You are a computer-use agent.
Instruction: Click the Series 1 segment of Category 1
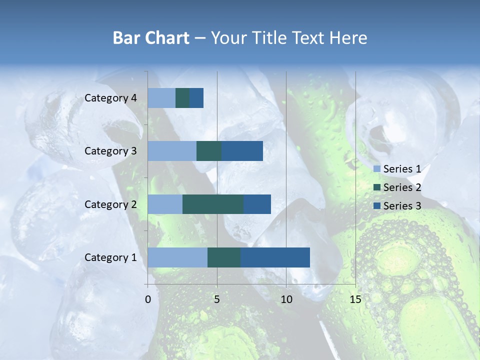pos(177,257)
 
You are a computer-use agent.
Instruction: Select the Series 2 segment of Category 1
pos(224,257)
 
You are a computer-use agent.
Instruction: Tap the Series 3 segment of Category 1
pos(275,257)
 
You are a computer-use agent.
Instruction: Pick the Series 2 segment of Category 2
pos(213,204)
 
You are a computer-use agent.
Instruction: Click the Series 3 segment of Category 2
pos(257,204)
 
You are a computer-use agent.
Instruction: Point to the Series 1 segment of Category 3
pos(172,151)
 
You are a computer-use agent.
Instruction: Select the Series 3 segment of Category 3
pos(242,151)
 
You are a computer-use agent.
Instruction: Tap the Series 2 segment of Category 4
pos(182,98)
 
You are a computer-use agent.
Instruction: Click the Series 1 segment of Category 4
pos(161,98)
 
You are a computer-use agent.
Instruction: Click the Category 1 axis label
pos(110,257)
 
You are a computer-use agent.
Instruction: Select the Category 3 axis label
pos(110,151)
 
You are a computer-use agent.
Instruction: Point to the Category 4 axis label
pos(110,98)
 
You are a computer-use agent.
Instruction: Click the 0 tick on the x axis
pos(148,299)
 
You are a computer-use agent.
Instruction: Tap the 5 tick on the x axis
pos(217,299)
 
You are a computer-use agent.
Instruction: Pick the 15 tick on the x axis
pos(355,299)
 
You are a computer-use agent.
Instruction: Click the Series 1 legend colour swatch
pos(376,169)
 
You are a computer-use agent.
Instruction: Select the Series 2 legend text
pos(402,187)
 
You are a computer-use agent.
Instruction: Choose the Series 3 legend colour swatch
pos(376,205)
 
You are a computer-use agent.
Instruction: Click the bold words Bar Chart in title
pos(150,38)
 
